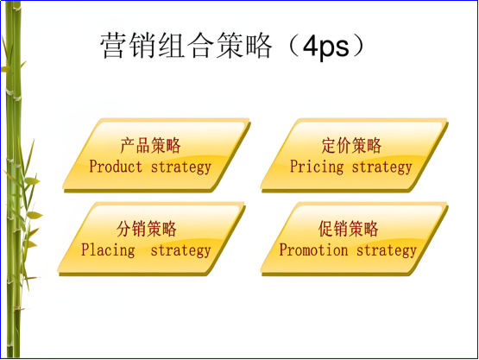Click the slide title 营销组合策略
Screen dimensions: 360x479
(x=181, y=47)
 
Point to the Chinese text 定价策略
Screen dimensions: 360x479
(x=351, y=145)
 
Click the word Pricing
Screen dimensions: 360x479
(x=317, y=166)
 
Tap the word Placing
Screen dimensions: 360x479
(x=108, y=250)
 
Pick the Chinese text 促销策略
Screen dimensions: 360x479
(x=348, y=229)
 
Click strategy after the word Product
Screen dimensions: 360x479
(x=180, y=166)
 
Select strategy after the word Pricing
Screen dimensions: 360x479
(x=381, y=166)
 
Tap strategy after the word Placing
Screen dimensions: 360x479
(x=180, y=250)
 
